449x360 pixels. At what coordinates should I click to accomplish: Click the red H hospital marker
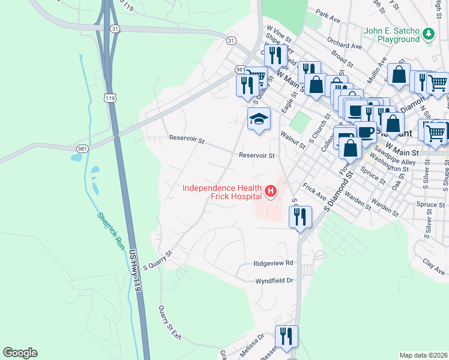pos(271,192)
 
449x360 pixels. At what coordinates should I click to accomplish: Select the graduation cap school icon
pos(259,119)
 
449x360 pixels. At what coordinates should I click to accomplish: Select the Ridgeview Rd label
pos(273,263)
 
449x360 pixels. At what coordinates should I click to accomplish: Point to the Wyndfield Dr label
pos(273,280)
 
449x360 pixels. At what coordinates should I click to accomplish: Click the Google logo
pos(20,353)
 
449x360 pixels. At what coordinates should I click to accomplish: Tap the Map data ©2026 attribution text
pos(423,355)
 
